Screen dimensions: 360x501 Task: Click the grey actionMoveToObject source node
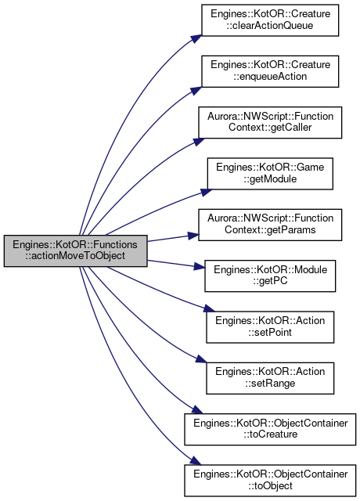75,250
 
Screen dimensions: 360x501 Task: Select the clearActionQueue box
270,20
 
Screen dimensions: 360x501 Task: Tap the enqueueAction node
270,71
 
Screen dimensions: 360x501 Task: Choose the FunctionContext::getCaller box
270,122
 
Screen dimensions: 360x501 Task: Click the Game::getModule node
270,174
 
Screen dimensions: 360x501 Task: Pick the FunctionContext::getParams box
270,225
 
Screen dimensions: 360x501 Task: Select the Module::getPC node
270,276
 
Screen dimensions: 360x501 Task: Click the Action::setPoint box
270,327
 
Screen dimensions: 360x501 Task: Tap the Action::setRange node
270,378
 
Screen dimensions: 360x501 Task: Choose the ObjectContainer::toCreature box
270,429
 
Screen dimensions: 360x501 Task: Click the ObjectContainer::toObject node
270,480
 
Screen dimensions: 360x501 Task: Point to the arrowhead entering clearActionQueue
197,38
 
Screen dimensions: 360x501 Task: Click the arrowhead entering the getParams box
193,236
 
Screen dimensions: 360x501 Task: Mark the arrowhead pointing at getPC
199,266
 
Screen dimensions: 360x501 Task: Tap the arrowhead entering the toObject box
196,461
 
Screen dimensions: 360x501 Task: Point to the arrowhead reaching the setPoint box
210,308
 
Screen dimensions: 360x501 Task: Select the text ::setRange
270,383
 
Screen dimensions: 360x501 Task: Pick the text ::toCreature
270,434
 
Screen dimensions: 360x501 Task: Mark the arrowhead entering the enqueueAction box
196,91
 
